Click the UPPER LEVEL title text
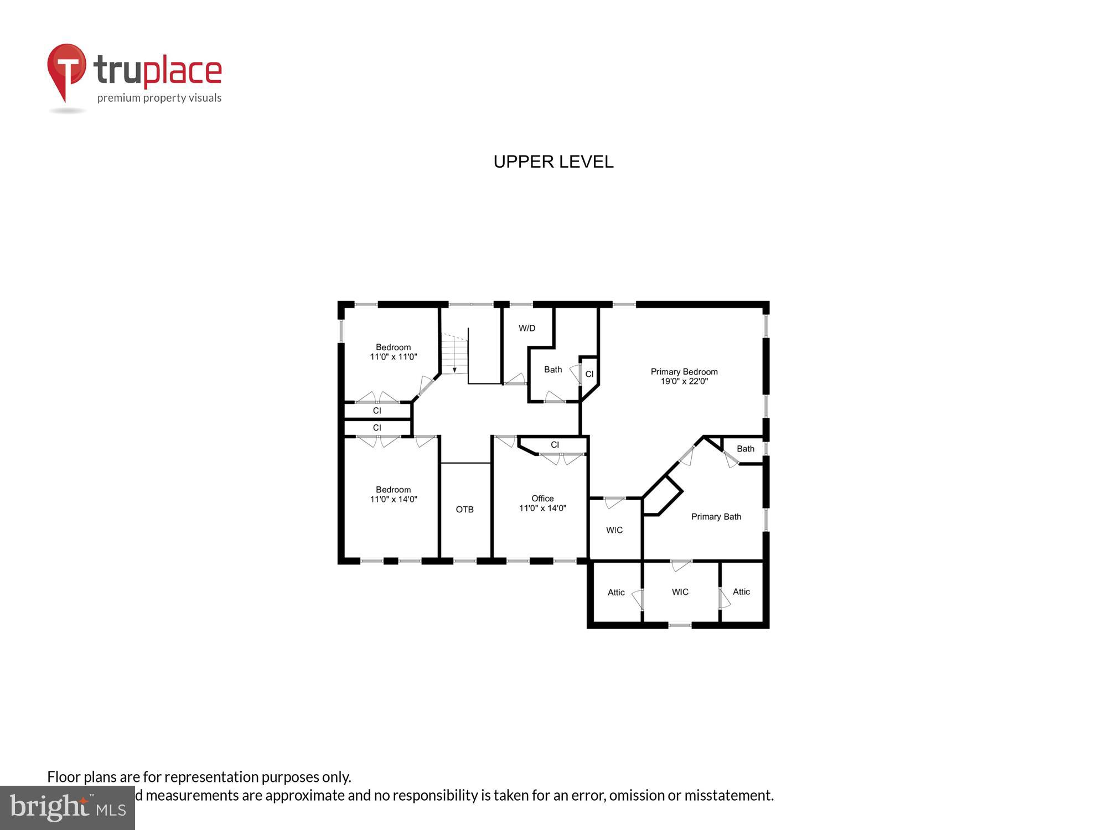[553, 162]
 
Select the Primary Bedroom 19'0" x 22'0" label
[684, 376]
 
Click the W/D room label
[527, 328]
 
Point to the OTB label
[464, 509]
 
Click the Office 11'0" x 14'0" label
[542, 503]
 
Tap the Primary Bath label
[716, 516]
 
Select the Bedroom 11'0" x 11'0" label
[393, 352]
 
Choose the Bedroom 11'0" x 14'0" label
[393, 494]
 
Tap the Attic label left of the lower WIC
[616, 592]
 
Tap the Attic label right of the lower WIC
[741, 592]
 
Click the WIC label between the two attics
[680, 592]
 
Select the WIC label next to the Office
[614, 530]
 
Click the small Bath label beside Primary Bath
[745, 448]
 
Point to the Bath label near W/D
[552, 369]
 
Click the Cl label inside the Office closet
[555, 444]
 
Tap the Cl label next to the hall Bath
[589, 374]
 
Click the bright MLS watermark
[68, 808]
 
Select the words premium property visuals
[159, 98]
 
